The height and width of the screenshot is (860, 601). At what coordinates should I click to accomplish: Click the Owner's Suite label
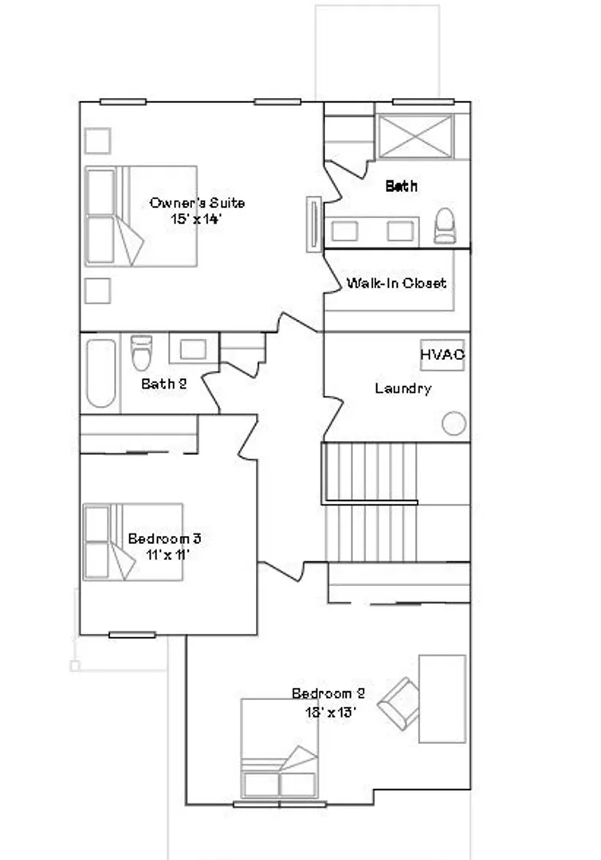click(197, 203)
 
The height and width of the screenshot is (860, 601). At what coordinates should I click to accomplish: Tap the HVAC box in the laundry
click(442, 355)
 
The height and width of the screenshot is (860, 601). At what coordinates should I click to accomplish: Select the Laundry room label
click(403, 389)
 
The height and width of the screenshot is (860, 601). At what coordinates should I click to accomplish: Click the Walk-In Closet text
click(396, 283)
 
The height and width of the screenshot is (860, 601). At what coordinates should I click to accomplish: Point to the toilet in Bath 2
click(141, 353)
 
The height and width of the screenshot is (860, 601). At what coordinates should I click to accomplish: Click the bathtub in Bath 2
click(101, 373)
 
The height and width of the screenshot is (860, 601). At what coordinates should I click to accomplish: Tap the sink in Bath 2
click(193, 349)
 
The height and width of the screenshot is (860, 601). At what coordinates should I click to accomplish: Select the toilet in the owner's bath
click(445, 226)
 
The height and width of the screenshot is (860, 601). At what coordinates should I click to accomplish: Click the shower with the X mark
click(416, 136)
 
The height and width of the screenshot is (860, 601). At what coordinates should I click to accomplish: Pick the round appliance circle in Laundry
click(454, 424)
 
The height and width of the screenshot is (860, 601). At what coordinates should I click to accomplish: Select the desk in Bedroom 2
click(442, 699)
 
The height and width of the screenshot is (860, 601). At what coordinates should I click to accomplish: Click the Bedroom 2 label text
click(328, 694)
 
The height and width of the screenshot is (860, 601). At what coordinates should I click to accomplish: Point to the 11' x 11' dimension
click(167, 554)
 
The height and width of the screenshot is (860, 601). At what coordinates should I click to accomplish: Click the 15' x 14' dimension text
click(196, 219)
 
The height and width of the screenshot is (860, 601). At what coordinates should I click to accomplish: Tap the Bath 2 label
click(164, 384)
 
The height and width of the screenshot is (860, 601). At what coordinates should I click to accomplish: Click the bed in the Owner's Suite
click(141, 216)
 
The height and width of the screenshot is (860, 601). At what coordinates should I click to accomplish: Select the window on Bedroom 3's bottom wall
click(132, 635)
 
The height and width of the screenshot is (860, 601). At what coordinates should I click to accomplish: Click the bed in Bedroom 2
click(279, 748)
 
